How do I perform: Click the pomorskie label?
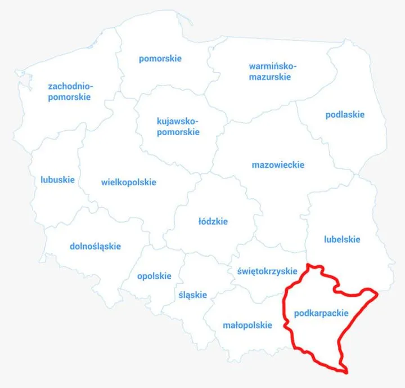coord(160,59)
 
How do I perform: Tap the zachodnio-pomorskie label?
coord(70,92)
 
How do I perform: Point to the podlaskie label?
coord(345,115)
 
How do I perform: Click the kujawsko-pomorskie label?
coord(178,127)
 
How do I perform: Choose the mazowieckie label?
coord(278,165)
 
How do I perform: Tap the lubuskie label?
coord(57,180)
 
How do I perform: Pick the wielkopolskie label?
coord(129,182)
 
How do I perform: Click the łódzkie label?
coord(213,221)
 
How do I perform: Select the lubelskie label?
coord(342,239)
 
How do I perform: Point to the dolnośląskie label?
coord(95,246)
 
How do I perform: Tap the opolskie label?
coord(154,276)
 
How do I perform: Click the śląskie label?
coord(192,295)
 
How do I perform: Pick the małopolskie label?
coord(247,325)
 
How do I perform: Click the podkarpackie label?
coord(321,313)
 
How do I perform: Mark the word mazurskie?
coord(270,77)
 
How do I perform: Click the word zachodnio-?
coord(71,86)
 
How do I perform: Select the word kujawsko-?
coord(178,121)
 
